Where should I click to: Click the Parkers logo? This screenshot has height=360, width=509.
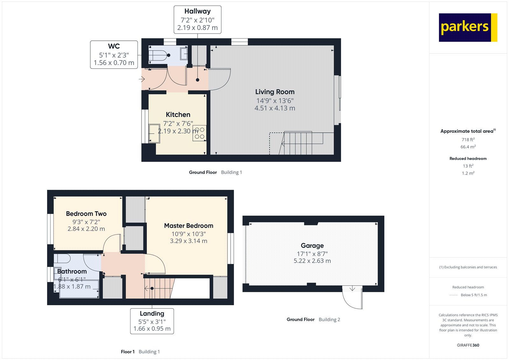[468, 27]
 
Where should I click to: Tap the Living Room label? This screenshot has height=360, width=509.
[275, 92]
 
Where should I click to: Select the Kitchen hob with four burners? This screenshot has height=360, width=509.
[199, 133]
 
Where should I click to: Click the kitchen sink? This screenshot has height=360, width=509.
[154, 133]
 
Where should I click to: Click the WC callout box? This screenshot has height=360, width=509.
[114, 54]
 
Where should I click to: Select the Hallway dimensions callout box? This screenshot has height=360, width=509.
[197, 19]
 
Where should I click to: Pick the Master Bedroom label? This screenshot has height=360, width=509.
[189, 226]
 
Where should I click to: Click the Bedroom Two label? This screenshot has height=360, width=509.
[86, 214]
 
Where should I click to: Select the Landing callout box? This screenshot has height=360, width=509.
[152, 321]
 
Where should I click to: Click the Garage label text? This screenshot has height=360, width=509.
[312, 246]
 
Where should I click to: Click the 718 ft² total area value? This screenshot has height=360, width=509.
[468, 139]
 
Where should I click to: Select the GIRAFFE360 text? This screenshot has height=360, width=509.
[468, 345]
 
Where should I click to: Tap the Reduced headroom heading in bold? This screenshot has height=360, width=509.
[468, 159]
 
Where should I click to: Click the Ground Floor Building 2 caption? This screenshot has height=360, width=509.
[313, 320]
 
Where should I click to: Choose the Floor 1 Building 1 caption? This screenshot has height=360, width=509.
[140, 352]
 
